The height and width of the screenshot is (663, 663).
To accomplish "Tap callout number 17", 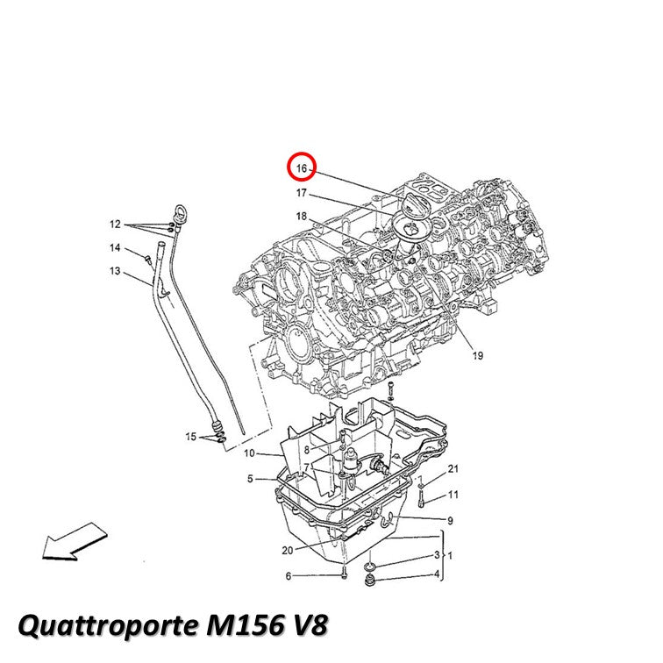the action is [x=301, y=193].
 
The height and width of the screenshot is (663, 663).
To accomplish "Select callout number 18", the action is [x=301, y=217].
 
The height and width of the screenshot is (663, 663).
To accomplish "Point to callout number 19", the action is [x=478, y=355].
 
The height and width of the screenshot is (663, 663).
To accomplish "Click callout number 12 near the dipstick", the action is [x=115, y=225].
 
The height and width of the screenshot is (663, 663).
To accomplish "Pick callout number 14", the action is [x=115, y=248].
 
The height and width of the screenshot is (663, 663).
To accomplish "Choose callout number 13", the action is [x=115, y=271].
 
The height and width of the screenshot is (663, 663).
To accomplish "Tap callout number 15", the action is [x=191, y=437].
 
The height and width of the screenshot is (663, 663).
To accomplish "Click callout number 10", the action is [x=249, y=453].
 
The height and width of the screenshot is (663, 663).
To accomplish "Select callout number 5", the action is [x=250, y=479].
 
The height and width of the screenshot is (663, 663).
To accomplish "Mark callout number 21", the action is [x=453, y=469].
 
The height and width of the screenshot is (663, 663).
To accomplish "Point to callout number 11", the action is [x=453, y=495].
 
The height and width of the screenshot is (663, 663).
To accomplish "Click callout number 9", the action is [x=450, y=521].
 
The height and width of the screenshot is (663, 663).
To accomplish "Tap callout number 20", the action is [x=288, y=551].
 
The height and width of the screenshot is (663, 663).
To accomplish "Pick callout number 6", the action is [x=289, y=576].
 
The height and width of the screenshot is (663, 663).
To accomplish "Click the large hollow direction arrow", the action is [x=75, y=542].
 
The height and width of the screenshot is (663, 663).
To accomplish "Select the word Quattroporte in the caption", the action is [x=108, y=626].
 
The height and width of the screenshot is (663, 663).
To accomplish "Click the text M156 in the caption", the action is [x=246, y=624].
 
